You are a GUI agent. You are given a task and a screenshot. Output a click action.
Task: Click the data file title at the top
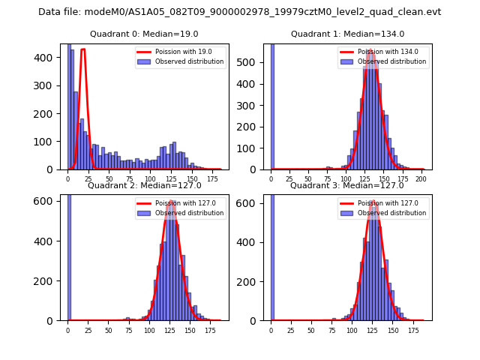pos(240,12)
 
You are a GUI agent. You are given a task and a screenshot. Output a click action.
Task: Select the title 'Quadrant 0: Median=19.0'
pos(144,34)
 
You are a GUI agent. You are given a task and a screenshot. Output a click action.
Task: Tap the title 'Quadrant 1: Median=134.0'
pos(347,34)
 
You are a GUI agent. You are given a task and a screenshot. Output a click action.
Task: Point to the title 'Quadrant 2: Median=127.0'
pos(144,185)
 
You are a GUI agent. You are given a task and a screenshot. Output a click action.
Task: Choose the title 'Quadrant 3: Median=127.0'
pos(347,185)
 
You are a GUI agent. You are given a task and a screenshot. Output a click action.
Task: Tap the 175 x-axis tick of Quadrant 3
pos(413,331)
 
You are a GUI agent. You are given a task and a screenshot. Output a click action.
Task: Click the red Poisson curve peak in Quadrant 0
pos(82,49)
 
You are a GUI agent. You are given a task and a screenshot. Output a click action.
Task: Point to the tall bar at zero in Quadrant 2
pos(69,255)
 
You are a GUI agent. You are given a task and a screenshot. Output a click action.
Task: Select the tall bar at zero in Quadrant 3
pos(272,255)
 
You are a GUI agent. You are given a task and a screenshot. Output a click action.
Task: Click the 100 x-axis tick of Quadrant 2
pos(149,331)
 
